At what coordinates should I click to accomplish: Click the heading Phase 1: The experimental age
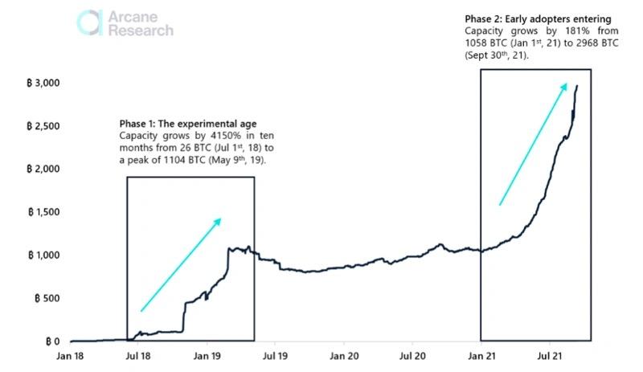[188, 124]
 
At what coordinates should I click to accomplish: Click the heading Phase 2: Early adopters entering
[538, 18]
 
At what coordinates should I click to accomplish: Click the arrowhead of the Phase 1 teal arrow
[218, 220]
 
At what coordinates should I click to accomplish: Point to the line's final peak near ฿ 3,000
[576, 85]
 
